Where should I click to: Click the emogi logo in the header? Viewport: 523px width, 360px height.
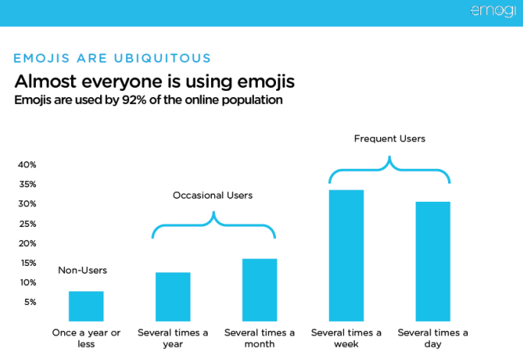point(493,11)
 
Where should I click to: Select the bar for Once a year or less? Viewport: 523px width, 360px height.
point(86,306)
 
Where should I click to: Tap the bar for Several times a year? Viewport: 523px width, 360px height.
point(173,297)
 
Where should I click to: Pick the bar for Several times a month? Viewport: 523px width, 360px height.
point(259,290)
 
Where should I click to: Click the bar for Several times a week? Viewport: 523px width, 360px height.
point(346,255)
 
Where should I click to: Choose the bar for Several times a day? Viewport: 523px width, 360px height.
point(433,261)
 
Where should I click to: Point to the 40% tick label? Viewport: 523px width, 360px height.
point(28,165)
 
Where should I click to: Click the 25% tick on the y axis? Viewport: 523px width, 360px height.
point(28,224)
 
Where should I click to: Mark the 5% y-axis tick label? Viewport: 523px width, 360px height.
point(30,303)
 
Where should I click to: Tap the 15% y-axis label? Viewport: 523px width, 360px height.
point(28,263)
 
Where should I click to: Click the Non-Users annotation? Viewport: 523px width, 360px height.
point(83,271)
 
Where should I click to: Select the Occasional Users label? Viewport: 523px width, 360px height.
point(213,196)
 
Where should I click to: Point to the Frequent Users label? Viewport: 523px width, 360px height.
point(389,139)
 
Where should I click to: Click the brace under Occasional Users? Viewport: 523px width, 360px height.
point(213,222)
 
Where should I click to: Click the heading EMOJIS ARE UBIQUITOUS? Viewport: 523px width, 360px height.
point(112,58)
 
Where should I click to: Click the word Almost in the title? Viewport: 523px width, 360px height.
point(44,81)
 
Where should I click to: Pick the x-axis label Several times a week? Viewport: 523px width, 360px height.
point(346,338)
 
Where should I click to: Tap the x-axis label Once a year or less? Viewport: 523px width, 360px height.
point(86,338)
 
